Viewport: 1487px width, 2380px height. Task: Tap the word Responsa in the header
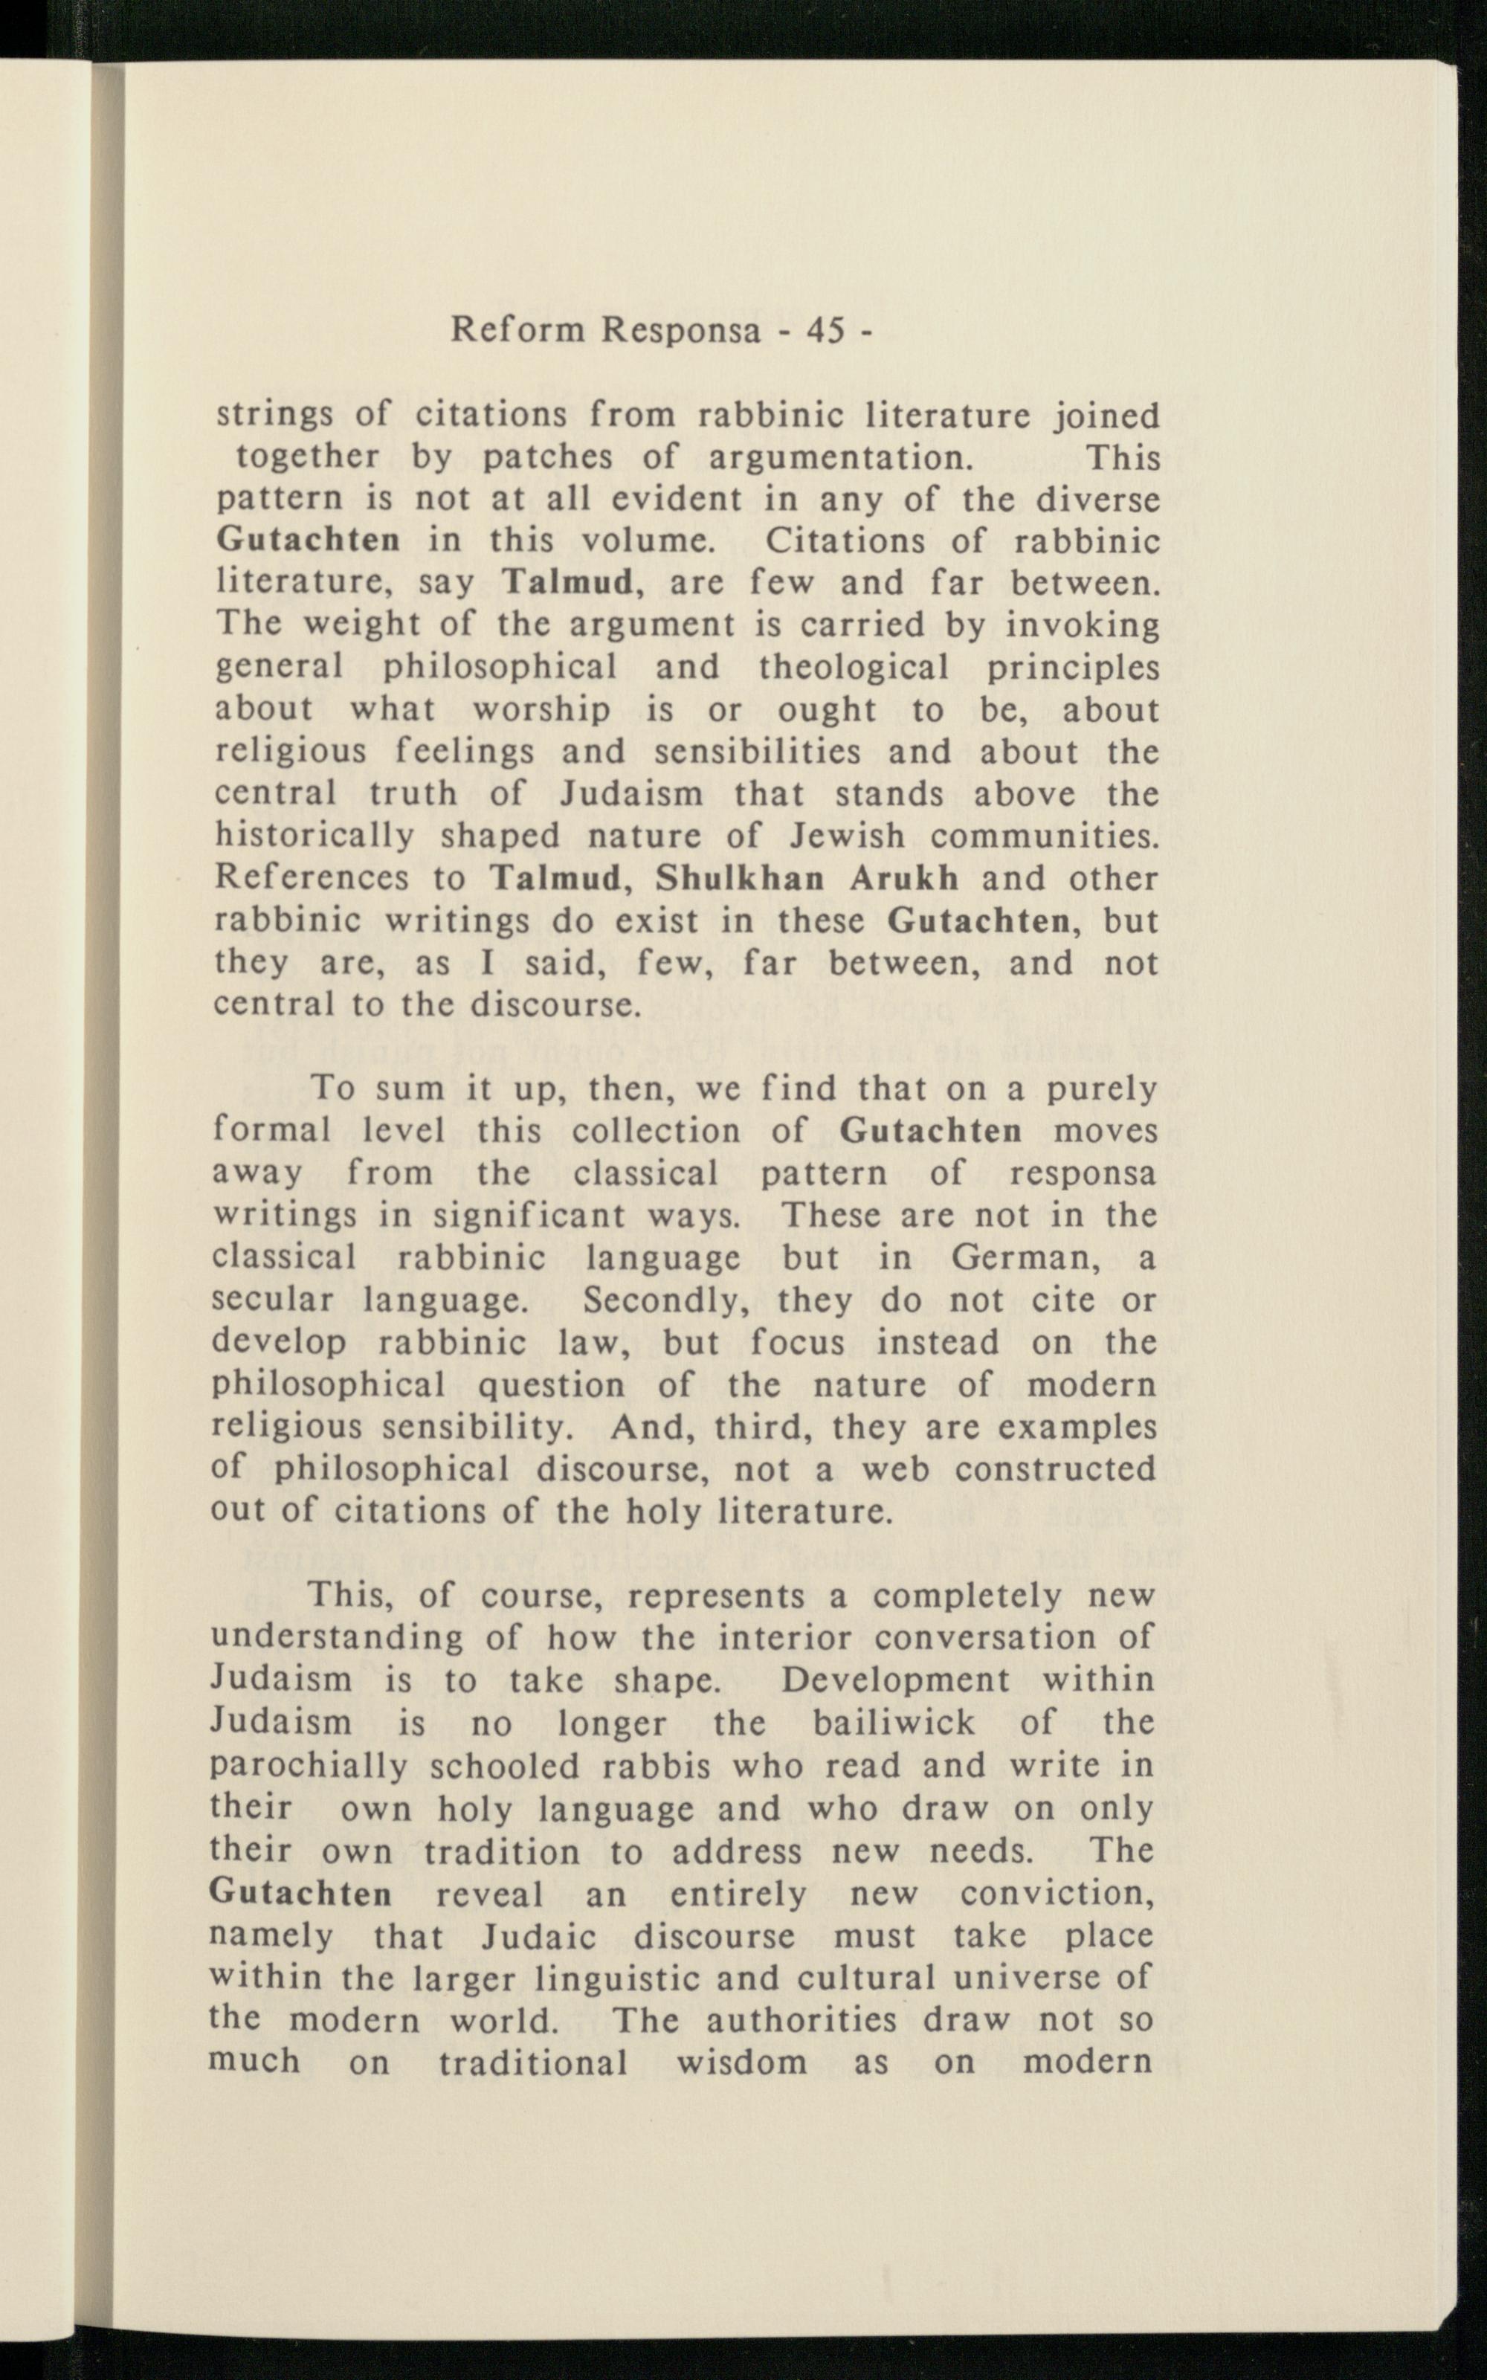pyautogui.click(x=683, y=332)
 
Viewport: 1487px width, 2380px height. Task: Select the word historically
pyautogui.click(x=315, y=837)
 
